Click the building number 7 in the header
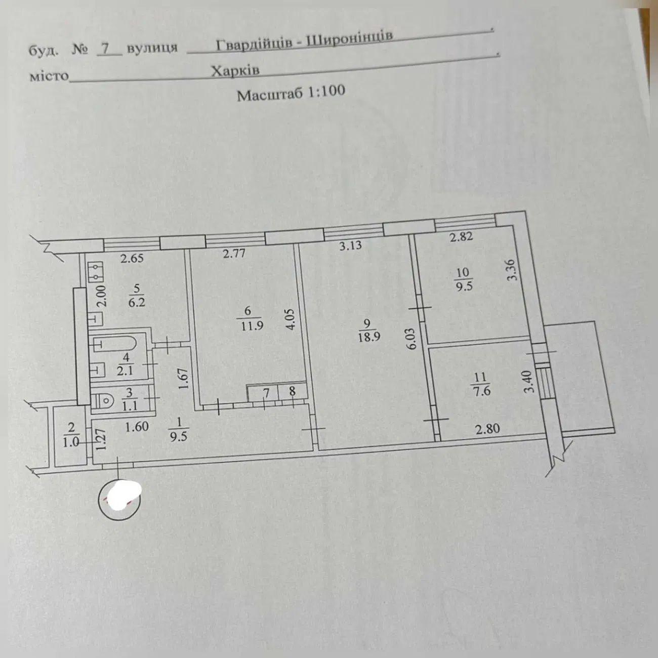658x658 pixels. [105, 48]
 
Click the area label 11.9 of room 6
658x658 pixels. [252, 326]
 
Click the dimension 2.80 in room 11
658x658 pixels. [487, 429]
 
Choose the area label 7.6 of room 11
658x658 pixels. [480, 390]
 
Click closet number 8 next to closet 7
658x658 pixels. [292, 392]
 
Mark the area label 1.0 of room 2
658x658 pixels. [72, 441]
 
